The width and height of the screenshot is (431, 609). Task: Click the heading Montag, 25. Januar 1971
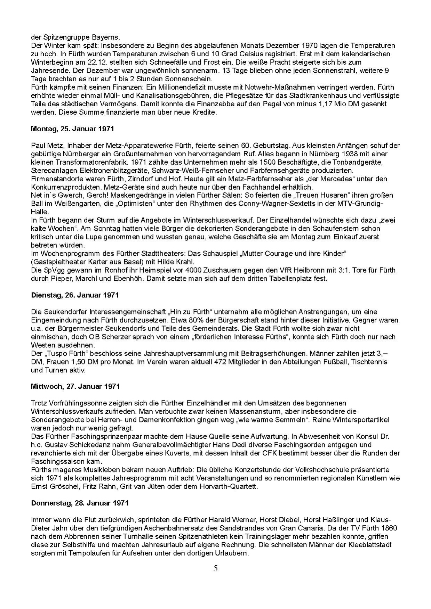(72, 129)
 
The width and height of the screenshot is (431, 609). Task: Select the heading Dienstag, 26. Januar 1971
(75, 295)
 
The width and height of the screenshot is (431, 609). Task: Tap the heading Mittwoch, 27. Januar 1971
(75, 386)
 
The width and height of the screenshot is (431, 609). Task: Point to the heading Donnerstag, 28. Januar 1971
(80, 503)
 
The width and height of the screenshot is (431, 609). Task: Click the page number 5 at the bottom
(216, 568)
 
